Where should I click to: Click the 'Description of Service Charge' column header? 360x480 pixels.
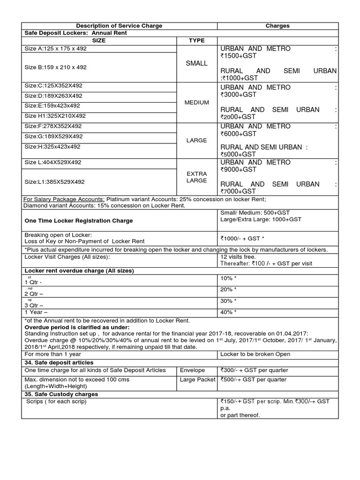[x=119, y=26]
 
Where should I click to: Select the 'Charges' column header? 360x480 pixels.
[x=277, y=26]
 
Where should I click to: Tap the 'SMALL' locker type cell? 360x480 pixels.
[x=196, y=63]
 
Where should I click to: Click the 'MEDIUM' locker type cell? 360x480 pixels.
[x=196, y=102]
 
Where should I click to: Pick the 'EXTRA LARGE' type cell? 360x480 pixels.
[x=196, y=177]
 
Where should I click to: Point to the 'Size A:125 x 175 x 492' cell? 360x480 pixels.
[x=55, y=49]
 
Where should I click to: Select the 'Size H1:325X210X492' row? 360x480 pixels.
[x=55, y=116]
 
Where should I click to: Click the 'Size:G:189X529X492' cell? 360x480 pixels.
[x=53, y=136]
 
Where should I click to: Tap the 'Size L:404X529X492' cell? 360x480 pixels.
[x=53, y=162]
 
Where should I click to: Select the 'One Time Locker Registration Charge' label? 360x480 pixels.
[x=78, y=220]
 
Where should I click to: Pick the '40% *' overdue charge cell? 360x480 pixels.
[x=228, y=312]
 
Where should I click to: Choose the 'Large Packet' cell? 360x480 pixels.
[x=197, y=379]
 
